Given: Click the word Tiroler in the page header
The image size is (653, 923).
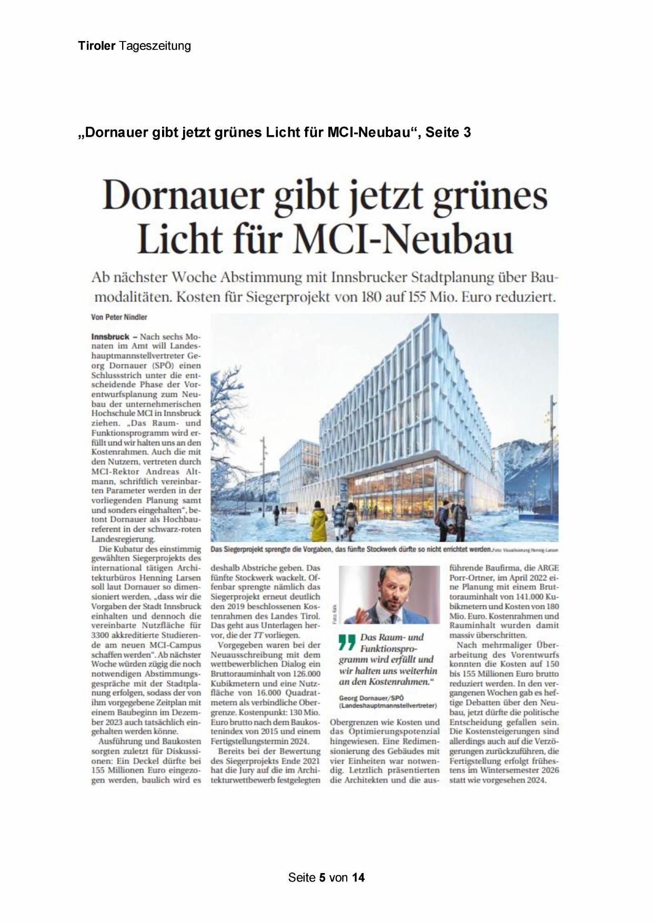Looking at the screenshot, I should click(x=96, y=46).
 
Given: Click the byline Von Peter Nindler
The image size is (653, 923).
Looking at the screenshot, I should click(x=119, y=317).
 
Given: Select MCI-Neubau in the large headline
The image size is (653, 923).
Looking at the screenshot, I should click(x=403, y=240).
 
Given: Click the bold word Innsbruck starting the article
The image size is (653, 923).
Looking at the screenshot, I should click(x=110, y=337).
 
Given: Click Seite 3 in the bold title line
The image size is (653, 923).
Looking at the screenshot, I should click(x=448, y=133).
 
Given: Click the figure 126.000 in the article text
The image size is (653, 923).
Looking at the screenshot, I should click(x=303, y=674).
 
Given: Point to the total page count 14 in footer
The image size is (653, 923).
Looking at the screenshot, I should click(x=358, y=877).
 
